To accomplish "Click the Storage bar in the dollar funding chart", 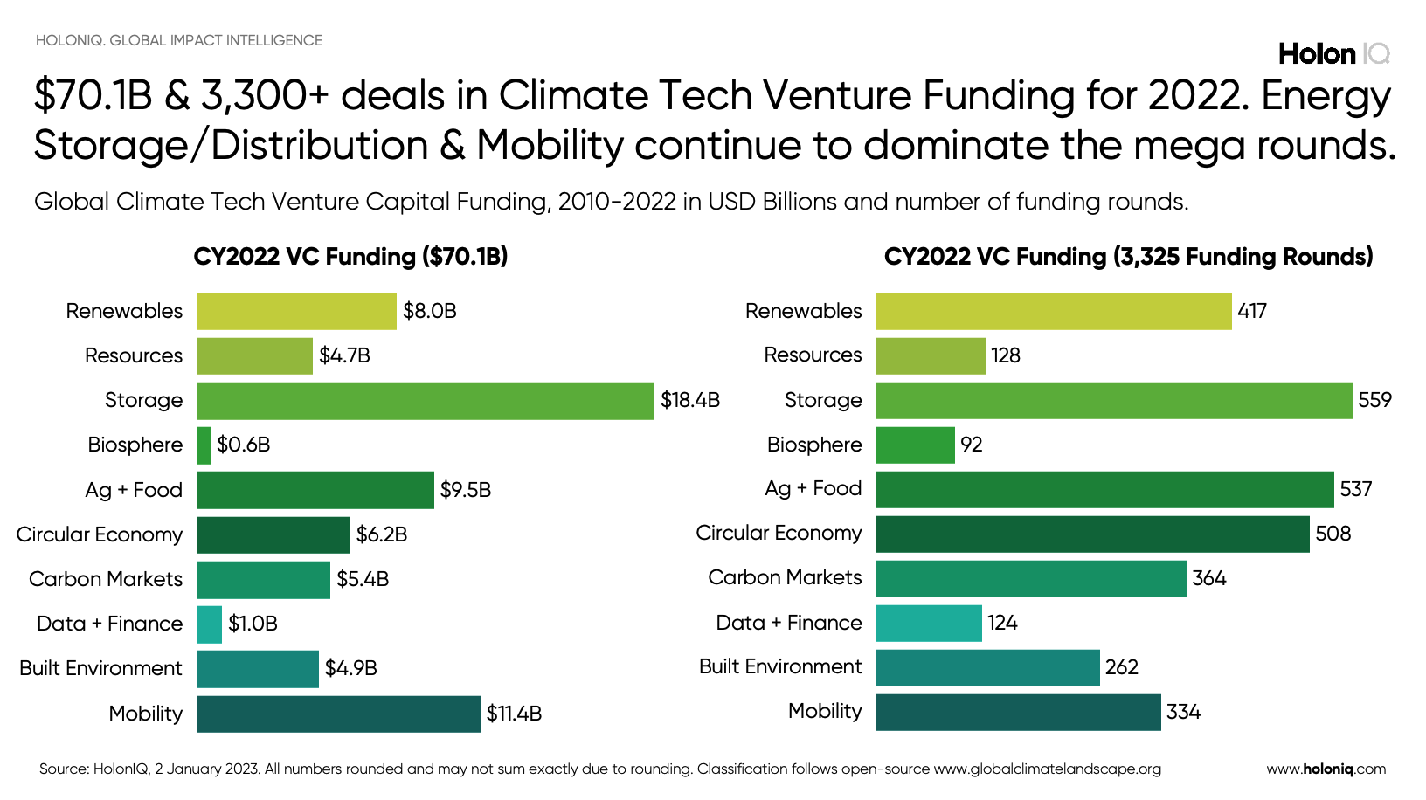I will (426, 401).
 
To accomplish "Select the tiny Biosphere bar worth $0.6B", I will (204, 445).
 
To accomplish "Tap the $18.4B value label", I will (689, 401).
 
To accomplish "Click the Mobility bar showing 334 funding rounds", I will (1018, 712).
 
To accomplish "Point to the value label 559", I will (1374, 400).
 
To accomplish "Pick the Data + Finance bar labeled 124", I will (929, 624).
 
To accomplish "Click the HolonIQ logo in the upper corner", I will (1333, 54).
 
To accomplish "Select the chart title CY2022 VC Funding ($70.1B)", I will (350, 257).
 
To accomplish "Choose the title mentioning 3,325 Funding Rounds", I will (1128, 257).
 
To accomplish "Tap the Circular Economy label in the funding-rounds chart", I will (779, 533).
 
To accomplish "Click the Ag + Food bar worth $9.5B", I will (315, 490).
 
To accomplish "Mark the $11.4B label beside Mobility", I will (514, 714).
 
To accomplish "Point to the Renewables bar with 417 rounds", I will (1054, 312).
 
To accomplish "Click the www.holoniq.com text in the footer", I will (1326, 769).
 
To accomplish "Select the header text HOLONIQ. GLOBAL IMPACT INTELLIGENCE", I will (179, 40).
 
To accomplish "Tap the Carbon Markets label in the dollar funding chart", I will (106, 579).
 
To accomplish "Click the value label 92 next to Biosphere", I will (971, 445).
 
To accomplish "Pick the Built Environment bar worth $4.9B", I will (258, 669).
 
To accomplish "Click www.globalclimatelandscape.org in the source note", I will (1047, 769).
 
